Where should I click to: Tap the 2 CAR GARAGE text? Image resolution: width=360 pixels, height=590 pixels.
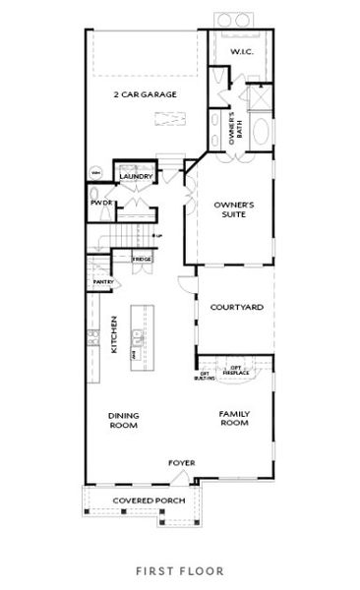point(145,93)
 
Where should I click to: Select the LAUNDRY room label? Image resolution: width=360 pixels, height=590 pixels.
point(136,177)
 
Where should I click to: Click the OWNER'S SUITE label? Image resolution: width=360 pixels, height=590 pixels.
point(234,209)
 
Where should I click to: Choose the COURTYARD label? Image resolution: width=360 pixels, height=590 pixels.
point(236,308)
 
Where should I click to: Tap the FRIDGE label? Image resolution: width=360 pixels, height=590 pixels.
point(142,260)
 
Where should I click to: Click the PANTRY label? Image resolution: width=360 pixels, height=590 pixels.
point(103,282)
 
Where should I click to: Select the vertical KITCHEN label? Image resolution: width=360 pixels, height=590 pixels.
point(114,334)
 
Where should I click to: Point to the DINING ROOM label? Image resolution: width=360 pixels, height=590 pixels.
point(122,419)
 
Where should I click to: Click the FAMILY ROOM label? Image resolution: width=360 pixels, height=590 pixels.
point(234,419)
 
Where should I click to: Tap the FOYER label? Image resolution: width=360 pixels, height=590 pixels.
point(180,461)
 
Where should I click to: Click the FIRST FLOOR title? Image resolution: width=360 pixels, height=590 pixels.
point(180,569)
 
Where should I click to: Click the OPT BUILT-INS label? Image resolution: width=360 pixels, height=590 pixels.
point(206,377)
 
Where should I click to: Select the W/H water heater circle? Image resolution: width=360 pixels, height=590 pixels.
point(96,173)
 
